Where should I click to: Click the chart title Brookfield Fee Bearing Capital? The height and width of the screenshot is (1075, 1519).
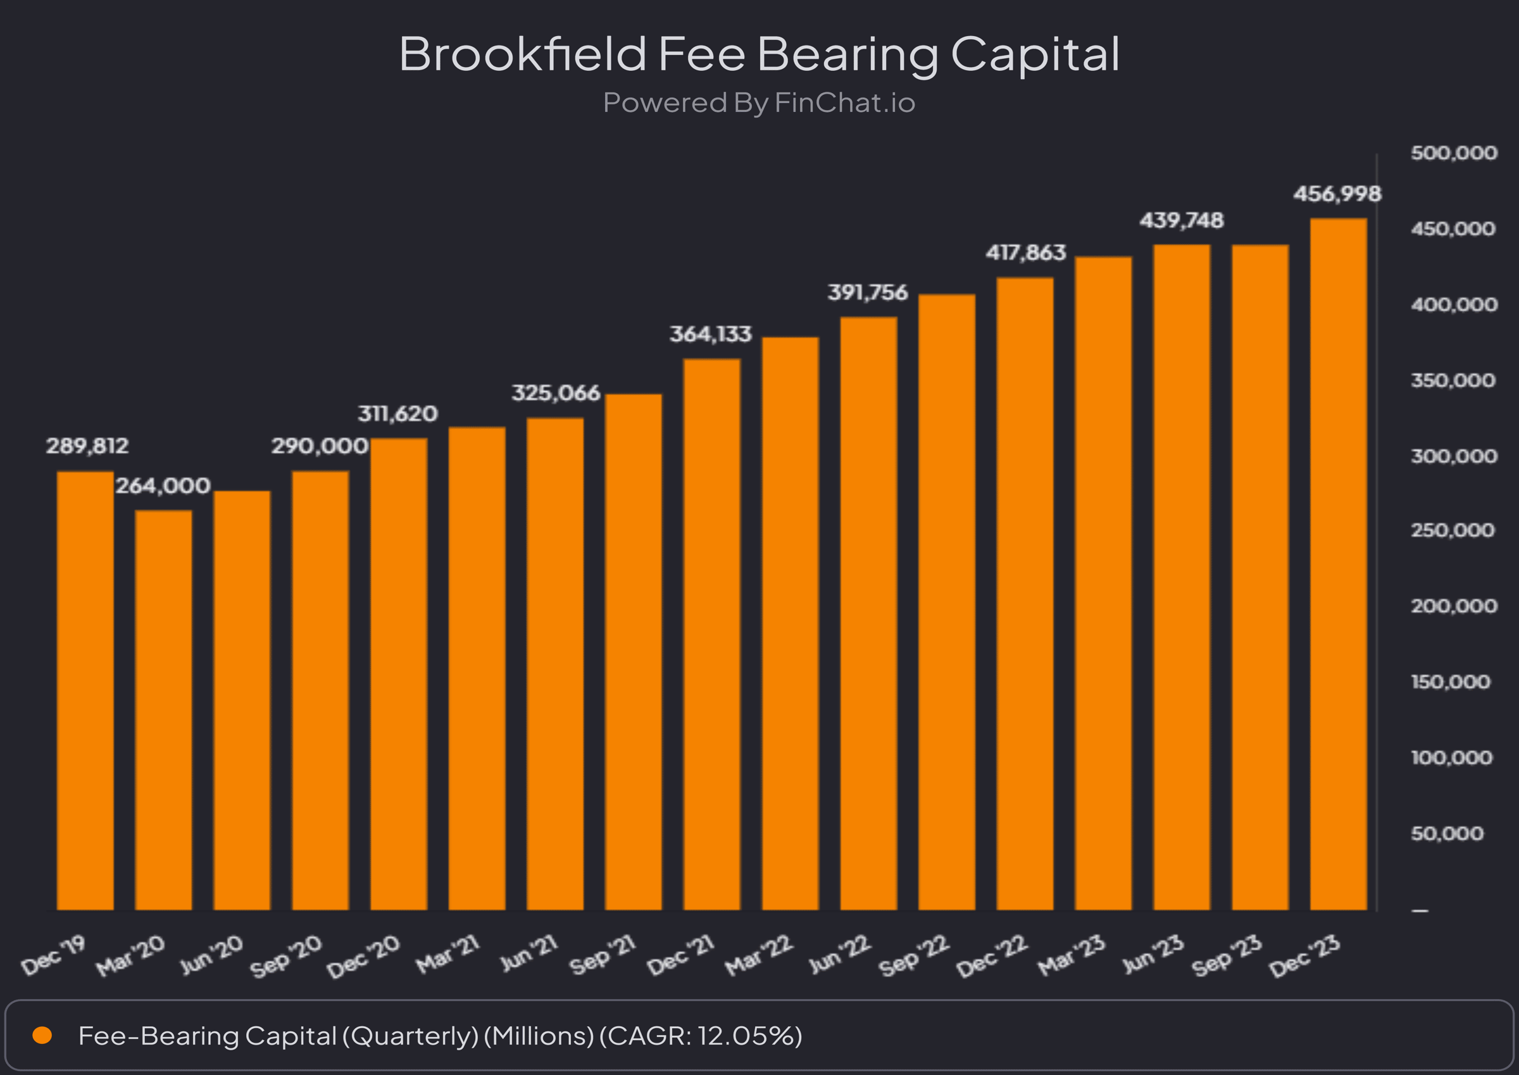[x=759, y=54]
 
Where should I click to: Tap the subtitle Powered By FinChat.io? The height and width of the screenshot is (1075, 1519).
[x=759, y=103]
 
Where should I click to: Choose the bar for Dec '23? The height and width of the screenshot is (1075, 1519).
[x=1338, y=564]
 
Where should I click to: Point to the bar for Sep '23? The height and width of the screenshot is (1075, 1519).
[x=1260, y=577]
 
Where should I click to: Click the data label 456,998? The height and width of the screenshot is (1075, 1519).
[x=1337, y=194]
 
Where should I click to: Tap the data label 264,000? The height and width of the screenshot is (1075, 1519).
[x=163, y=486]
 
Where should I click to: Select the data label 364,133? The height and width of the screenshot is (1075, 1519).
[x=711, y=334]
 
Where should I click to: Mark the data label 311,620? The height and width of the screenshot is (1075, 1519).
[x=398, y=414]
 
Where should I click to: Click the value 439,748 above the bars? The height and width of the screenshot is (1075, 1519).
[x=1181, y=220]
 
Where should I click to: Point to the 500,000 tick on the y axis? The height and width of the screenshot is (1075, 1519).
[x=1453, y=153]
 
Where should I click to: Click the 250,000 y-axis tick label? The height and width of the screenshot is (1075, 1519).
[x=1452, y=530]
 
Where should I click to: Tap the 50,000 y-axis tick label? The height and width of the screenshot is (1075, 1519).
[x=1447, y=833]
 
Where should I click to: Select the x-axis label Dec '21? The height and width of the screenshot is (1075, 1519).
[x=681, y=956]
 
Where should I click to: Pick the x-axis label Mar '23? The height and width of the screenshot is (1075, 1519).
[x=1072, y=956]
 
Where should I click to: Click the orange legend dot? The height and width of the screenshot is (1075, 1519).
[x=42, y=1035]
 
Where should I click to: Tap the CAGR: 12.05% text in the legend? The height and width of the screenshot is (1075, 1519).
[x=701, y=1036]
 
